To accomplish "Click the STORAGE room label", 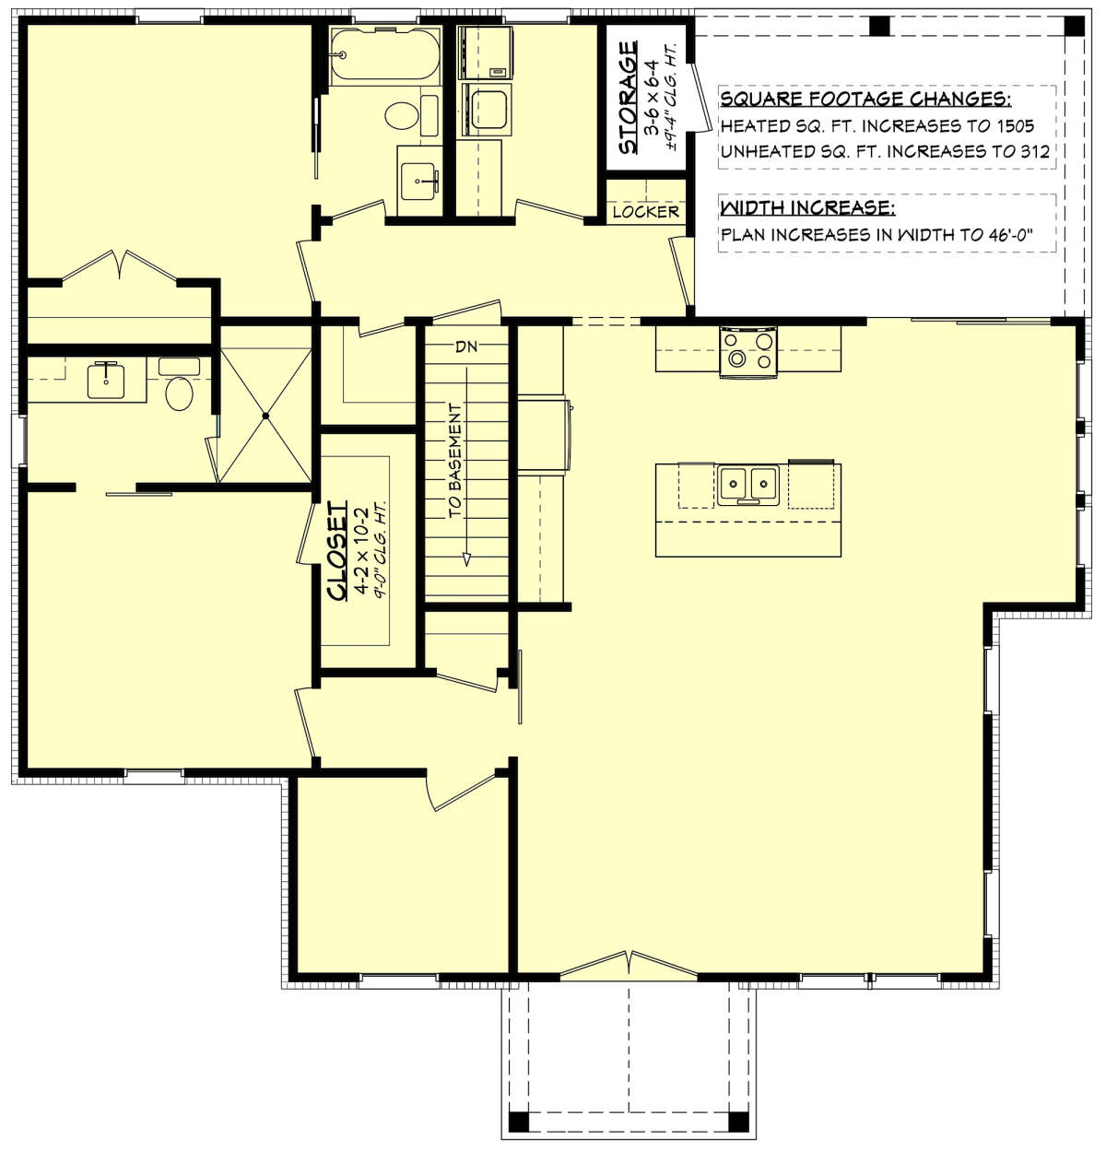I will tap(628, 98).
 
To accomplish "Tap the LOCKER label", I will tap(645, 212).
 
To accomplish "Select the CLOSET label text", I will tap(337, 550).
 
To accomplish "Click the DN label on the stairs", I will tap(466, 346).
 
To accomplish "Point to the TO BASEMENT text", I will tap(454, 460).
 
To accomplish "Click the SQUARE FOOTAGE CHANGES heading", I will tap(865, 100).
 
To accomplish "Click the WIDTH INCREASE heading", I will tap(807, 207).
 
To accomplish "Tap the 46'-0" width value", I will tap(1001, 235).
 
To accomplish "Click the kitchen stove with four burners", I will tap(748, 350).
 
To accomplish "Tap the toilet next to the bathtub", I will tap(402, 115).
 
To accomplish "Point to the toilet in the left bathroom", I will tap(179, 393).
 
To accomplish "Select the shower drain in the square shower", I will tap(266, 416).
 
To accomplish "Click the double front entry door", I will tap(629, 964).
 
